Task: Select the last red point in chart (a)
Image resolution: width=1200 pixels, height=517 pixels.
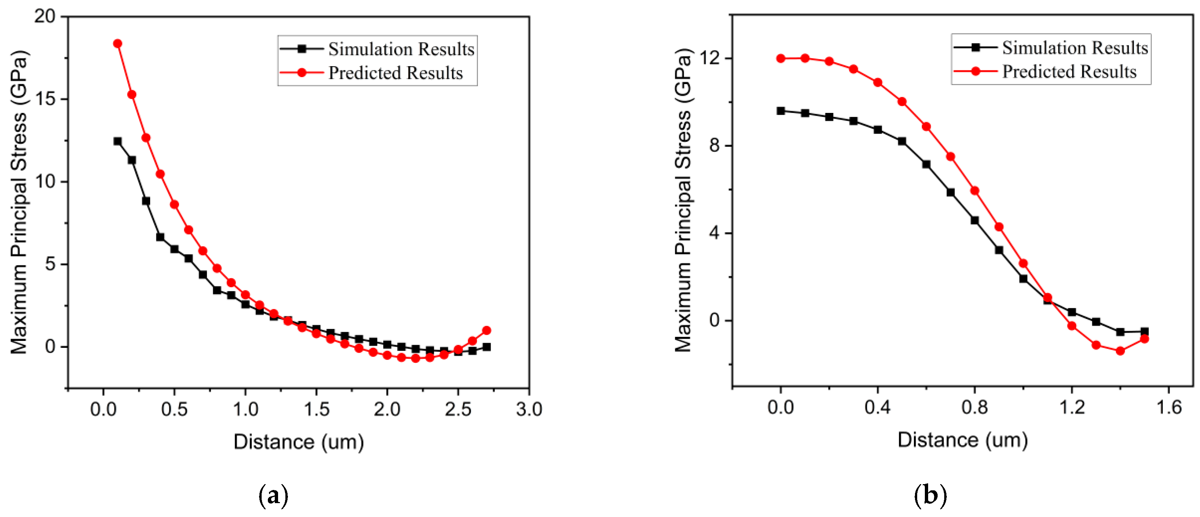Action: point(486,330)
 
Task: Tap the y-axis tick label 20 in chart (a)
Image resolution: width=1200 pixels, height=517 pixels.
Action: point(45,16)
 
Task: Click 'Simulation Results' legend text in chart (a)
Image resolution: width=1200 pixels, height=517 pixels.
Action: point(401,49)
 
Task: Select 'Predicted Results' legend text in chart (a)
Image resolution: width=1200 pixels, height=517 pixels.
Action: point(395,73)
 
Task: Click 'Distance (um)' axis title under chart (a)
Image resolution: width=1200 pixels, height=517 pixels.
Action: point(299,441)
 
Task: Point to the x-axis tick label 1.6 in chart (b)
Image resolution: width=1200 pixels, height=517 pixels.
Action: point(1169,407)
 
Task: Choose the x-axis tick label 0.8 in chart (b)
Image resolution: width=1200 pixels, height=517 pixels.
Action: point(975,407)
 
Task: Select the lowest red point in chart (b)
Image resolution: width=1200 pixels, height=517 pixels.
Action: point(1120,351)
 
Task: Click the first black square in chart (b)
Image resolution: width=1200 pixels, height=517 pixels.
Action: point(781,111)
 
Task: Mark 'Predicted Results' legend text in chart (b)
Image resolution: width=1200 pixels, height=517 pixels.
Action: point(1069,71)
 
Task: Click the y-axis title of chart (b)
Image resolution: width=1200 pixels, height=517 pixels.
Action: point(683,200)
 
